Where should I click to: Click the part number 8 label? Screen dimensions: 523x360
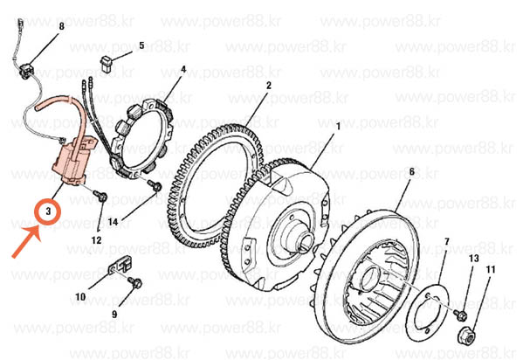coord(61,26)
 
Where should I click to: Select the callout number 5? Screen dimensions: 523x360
coord(141,45)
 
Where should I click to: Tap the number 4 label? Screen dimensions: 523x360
coord(183,70)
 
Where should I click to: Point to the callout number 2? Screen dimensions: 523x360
coord(269,86)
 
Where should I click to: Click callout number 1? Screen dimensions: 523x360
coord(338,127)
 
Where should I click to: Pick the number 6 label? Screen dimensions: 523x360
coord(411,172)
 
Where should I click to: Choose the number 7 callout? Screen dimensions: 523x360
coord(447,241)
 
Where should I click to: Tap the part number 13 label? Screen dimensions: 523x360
coord(473,258)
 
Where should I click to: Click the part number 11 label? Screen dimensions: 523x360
coord(491,269)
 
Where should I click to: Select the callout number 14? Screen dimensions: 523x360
coord(113,222)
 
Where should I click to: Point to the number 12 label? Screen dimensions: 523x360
coord(96,240)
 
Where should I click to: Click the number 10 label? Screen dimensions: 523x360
coord(80,297)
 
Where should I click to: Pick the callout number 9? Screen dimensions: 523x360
coord(114,315)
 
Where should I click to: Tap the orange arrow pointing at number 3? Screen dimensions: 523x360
coord(27,241)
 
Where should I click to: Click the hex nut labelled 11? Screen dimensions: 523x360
coord(466,336)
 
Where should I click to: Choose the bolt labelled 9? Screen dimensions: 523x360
coord(135,282)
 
